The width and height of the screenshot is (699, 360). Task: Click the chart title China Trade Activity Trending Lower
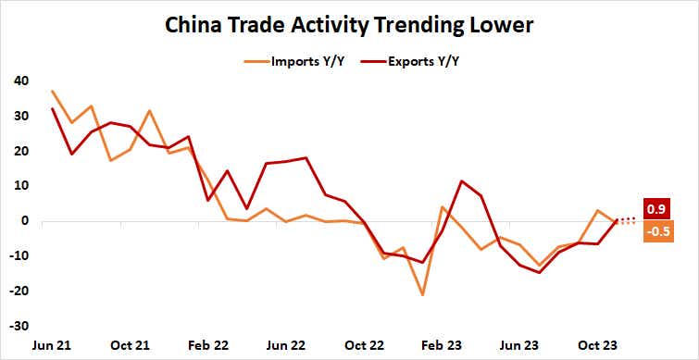click(x=349, y=25)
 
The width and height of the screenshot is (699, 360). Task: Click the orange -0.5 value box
click(x=658, y=231)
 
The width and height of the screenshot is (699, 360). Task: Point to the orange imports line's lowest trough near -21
click(x=423, y=294)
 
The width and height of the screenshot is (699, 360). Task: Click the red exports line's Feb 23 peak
click(x=462, y=181)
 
